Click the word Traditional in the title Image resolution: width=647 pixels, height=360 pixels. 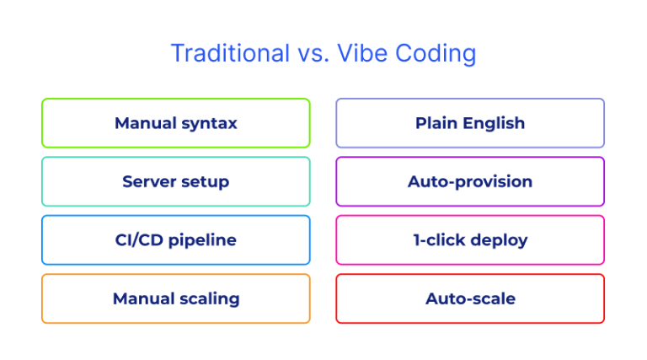click(x=218, y=53)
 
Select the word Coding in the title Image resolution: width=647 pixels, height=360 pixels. click(x=440, y=54)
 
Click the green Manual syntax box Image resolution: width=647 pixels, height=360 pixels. click(x=175, y=123)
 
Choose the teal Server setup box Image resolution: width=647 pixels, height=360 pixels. click(x=175, y=181)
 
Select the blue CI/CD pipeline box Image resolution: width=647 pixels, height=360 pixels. click(x=175, y=240)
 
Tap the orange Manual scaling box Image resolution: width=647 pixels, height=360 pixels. click(x=175, y=298)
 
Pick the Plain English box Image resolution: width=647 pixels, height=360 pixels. click(x=470, y=123)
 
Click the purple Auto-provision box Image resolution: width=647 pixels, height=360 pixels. click(x=470, y=181)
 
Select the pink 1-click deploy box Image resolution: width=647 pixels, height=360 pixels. click(x=470, y=240)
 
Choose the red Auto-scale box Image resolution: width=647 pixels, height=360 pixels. click(x=470, y=298)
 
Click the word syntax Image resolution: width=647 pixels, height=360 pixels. click(x=207, y=124)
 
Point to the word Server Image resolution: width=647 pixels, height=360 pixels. click(x=148, y=181)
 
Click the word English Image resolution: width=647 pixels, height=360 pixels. click(x=495, y=124)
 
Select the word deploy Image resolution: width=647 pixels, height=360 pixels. click(x=499, y=241)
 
